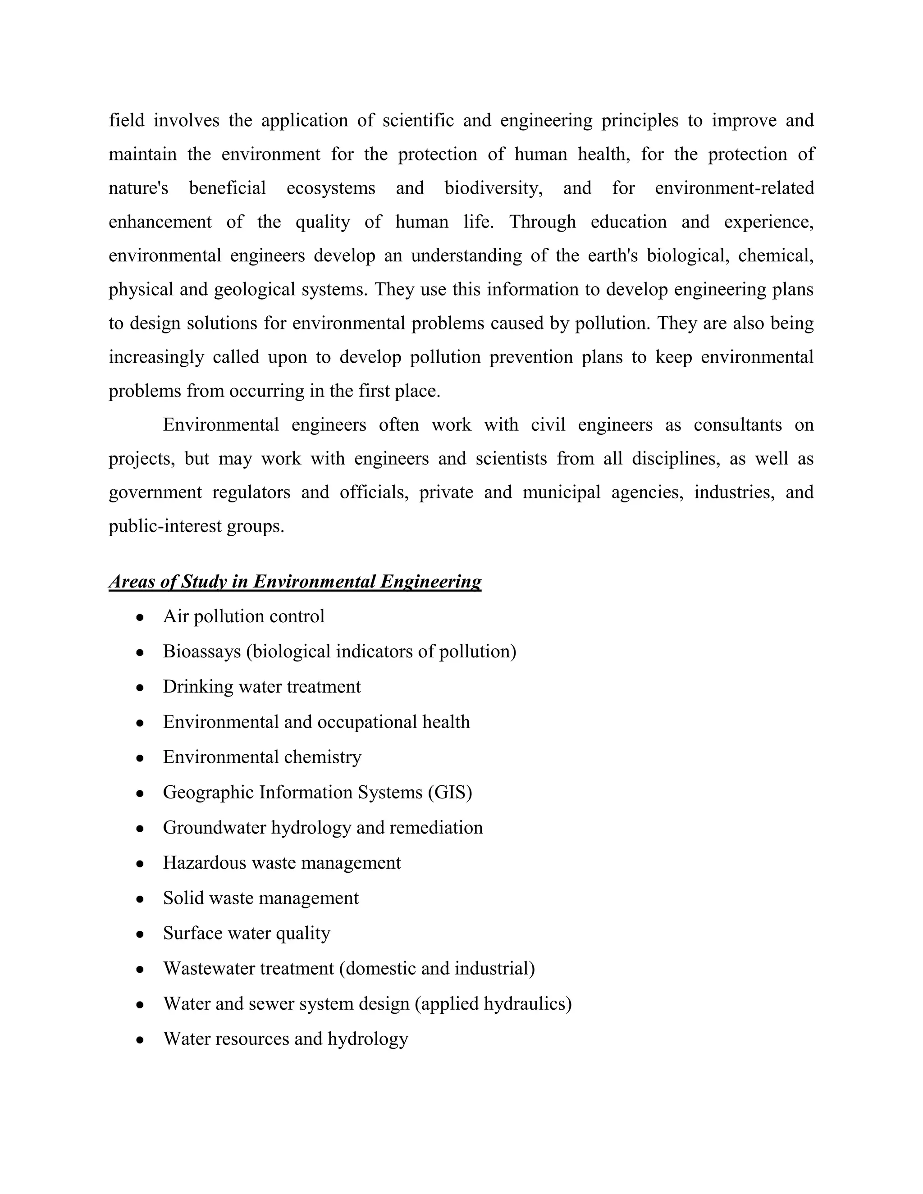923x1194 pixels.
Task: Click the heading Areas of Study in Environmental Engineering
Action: point(295,581)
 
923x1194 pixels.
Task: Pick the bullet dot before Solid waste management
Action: point(140,899)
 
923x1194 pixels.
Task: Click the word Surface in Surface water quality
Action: point(189,933)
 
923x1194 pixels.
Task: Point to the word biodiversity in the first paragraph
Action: point(493,188)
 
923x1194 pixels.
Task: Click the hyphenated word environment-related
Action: point(734,188)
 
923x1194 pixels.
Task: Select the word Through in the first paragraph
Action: point(543,222)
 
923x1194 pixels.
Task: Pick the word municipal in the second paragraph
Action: point(562,492)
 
